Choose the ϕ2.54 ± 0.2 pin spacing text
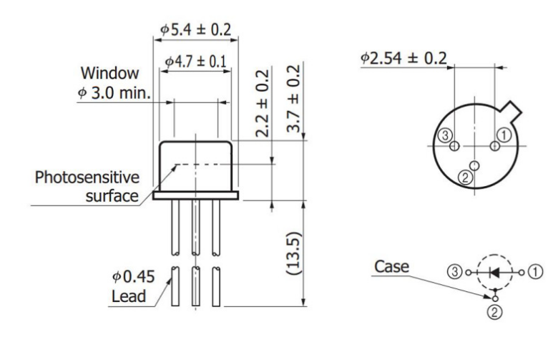tap(405, 57)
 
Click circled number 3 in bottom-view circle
tap(445, 135)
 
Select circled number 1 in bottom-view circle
tap(505, 133)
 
